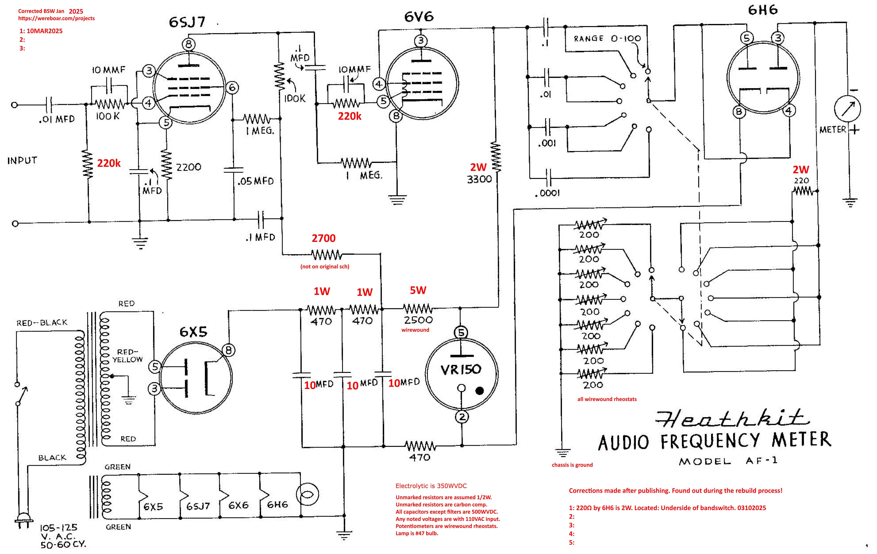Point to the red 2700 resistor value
(x=323, y=238)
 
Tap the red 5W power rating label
(x=418, y=290)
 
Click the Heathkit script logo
(x=732, y=419)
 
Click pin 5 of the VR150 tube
(x=461, y=332)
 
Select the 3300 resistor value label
(x=479, y=179)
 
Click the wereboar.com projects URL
(x=56, y=18)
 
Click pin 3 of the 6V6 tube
(x=421, y=41)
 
